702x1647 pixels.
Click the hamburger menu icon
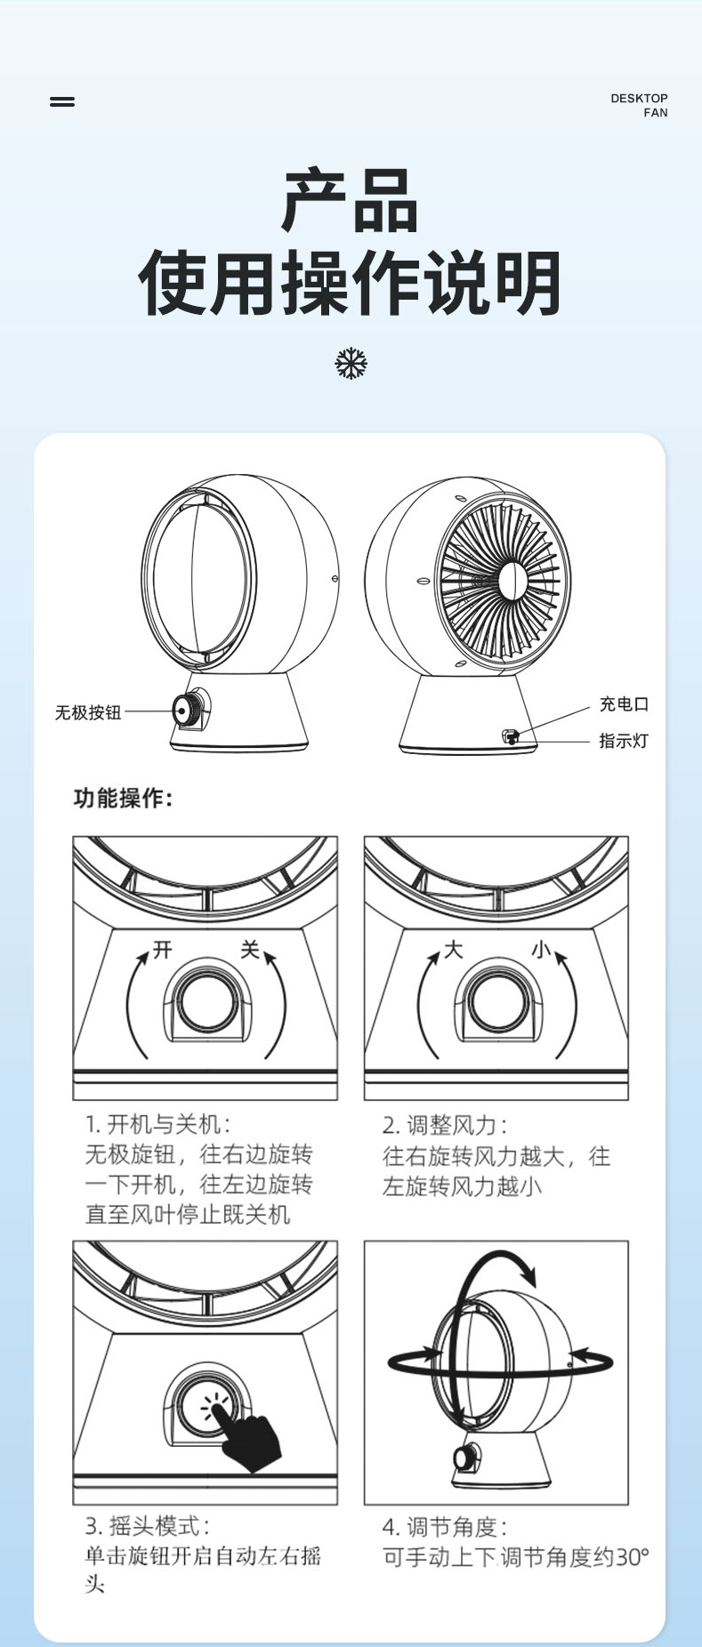click(62, 101)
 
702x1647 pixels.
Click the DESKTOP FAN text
click(639, 105)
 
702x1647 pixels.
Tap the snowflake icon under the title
click(351, 364)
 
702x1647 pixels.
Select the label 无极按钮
click(88, 712)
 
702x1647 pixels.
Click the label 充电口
click(624, 704)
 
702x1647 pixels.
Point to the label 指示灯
click(624, 741)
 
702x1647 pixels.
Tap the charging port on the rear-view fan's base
click(510, 735)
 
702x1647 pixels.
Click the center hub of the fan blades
click(511, 582)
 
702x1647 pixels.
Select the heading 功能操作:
click(123, 798)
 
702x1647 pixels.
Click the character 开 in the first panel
click(162, 950)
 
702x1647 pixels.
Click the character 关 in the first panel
click(250, 950)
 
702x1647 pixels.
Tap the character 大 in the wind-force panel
click(453, 950)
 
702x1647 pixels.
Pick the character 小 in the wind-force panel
click(540, 950)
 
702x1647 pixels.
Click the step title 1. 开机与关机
click(157, 1124)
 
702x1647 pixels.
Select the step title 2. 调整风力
click(445, 1125)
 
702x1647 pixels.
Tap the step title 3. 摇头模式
click(148, 1526)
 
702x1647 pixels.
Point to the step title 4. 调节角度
click(445, 1527)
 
